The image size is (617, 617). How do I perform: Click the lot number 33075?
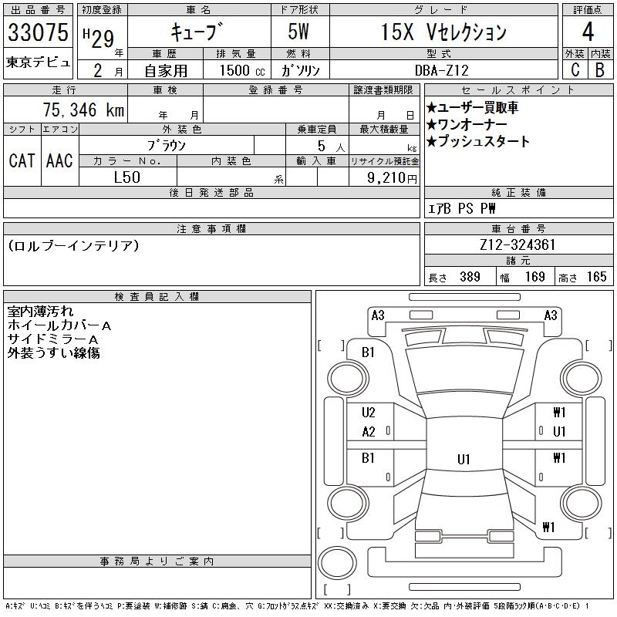click(x=38, y=32)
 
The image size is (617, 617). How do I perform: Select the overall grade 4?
click(x=588, y=32)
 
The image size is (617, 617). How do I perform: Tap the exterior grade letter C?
click(x=575, y=69)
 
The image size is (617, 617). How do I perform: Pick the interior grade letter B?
click(x=600, y=69)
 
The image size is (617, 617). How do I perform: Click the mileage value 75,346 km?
click(x=83, y=110)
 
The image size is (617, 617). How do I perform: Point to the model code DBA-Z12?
click(x=442, y=70)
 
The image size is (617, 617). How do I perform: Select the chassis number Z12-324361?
click(x=518, y=244)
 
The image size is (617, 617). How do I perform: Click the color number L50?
click(x=126, y=177)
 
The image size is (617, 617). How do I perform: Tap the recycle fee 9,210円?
click(x=392, y=178)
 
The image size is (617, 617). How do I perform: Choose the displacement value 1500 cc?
click(x=242, y=70)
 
